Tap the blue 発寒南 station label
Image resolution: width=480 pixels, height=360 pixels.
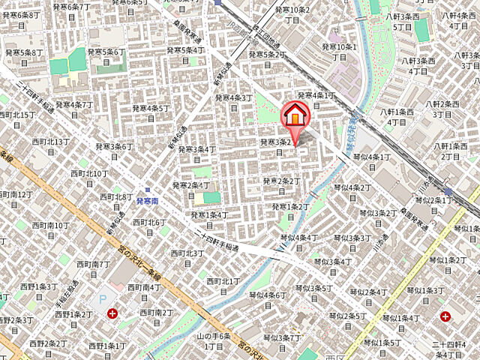tap(147, 201)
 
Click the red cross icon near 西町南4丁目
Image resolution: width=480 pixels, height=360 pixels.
tap(112, 313)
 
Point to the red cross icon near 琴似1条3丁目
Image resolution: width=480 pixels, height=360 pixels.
tap(447, 316)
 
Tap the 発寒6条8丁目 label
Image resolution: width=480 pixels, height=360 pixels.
tap(20, 15)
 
